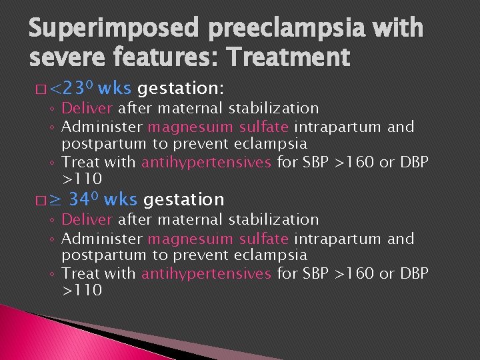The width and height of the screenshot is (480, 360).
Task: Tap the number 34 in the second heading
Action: click(83, 199)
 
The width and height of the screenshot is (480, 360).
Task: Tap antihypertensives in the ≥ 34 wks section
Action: click(207, 273)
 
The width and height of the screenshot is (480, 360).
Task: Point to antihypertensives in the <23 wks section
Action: click(207, 162)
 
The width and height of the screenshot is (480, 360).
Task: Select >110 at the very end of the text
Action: click(82, 291)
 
